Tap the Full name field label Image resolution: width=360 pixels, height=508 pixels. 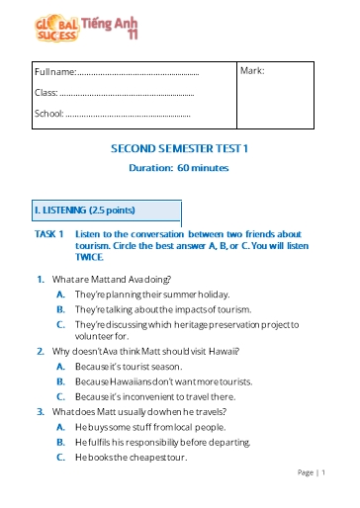coord(54,72)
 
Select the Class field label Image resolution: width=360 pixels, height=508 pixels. coord(46,93)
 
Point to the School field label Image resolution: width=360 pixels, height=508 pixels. coord(48,114)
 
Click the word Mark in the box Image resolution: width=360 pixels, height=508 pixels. coord(252,71)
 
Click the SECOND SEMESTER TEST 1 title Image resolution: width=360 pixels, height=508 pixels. coord(179,148)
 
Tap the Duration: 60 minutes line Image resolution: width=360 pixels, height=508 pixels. coord(179,168)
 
